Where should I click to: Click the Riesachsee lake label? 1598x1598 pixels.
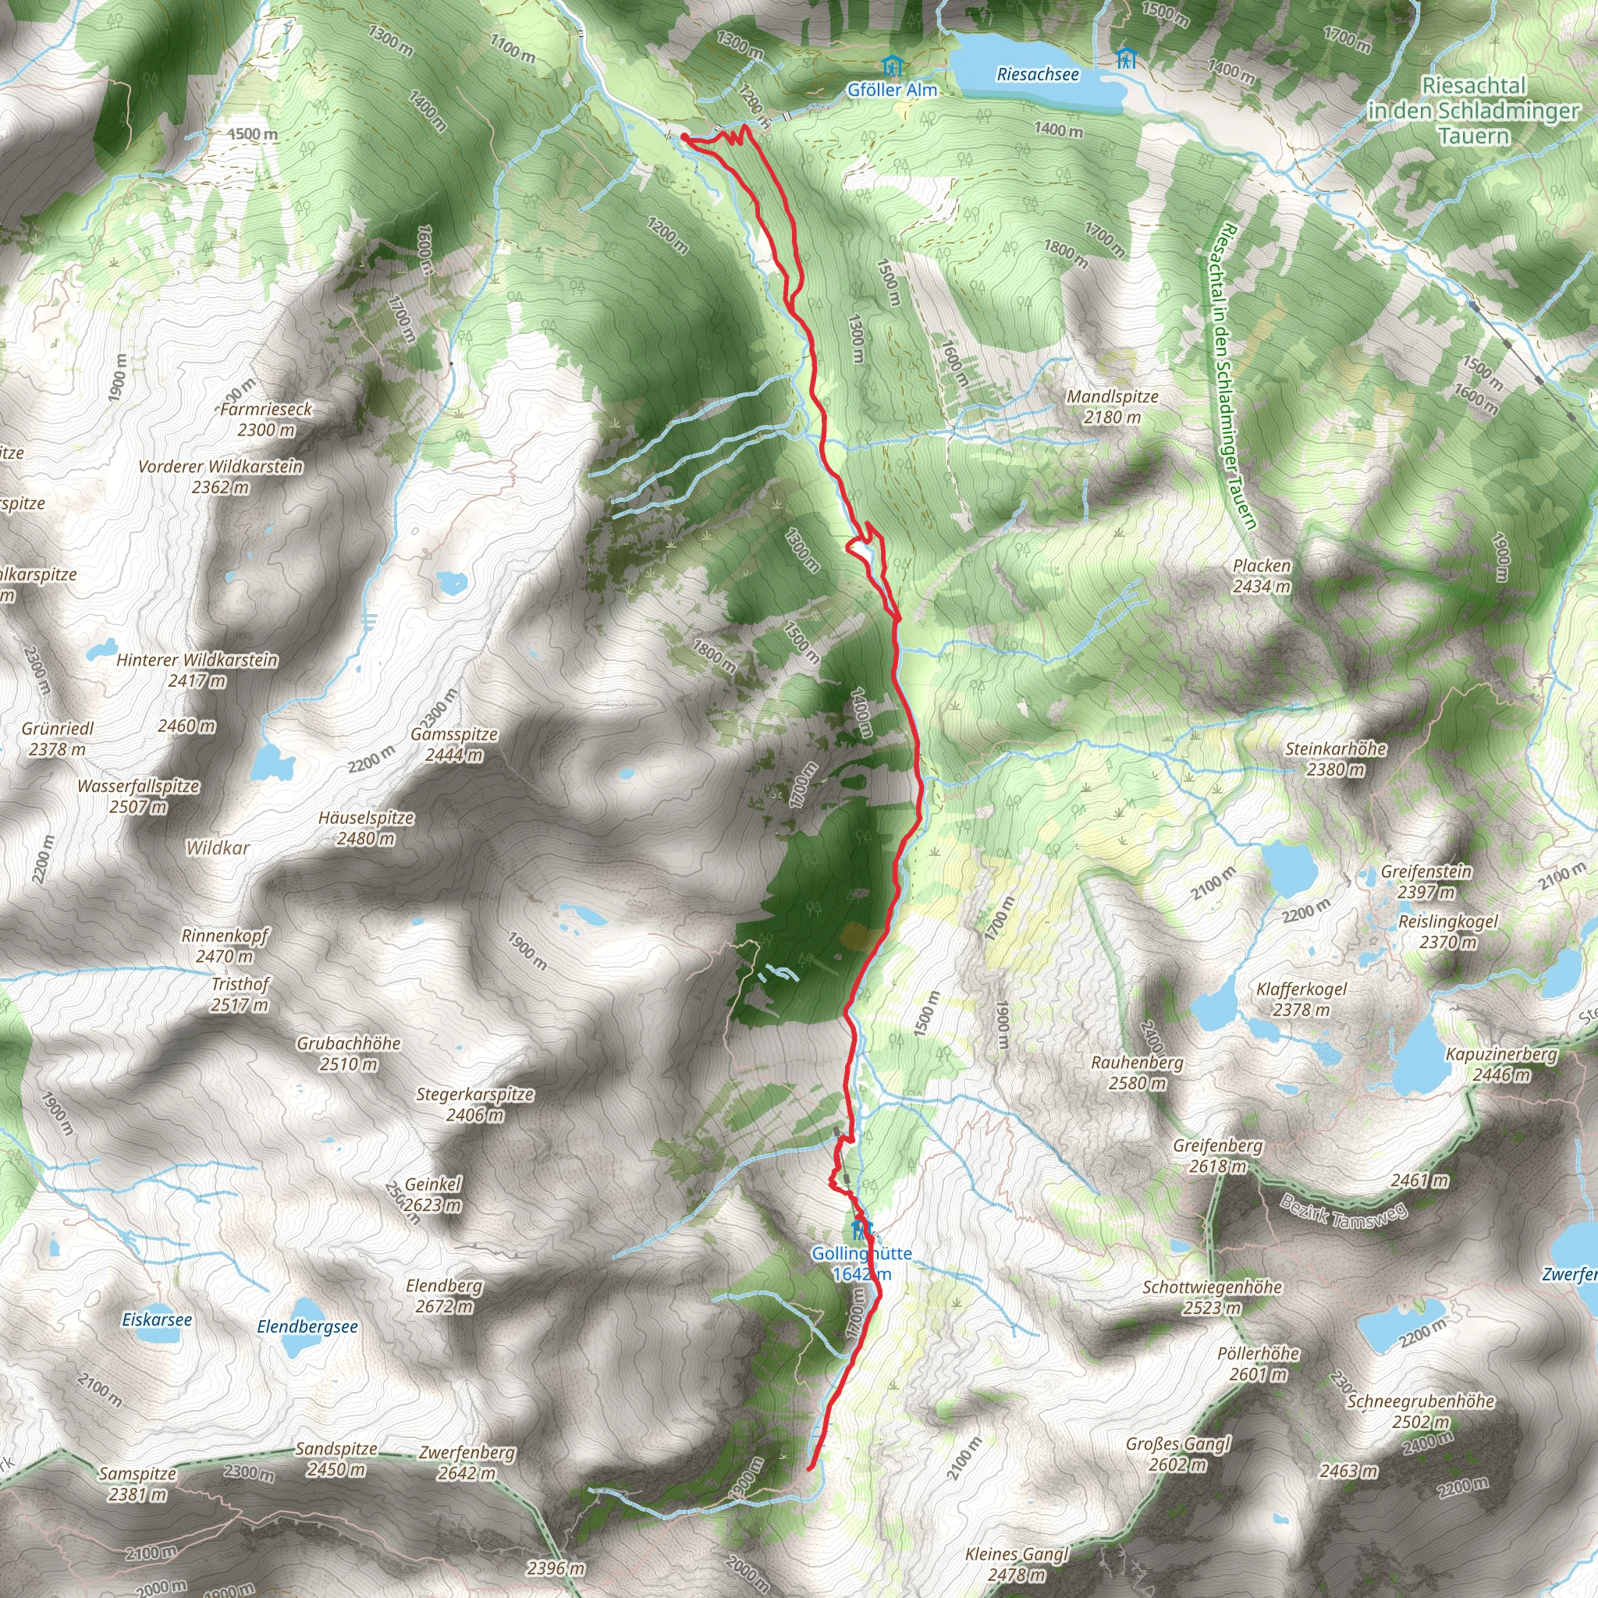(x=1037, y=74)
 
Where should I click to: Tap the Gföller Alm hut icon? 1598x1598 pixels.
(x=891, y=66)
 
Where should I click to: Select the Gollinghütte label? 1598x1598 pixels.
(x=861, y=1263)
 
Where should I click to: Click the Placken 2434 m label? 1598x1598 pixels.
(x=1262, y=576)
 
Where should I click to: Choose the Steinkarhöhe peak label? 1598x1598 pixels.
(x=1335, y=758)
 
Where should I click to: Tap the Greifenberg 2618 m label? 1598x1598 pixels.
(x=1217, y=1156)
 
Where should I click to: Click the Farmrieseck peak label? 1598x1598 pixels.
(x=266, y=418)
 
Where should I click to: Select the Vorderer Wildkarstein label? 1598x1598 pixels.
(x=220, y=477)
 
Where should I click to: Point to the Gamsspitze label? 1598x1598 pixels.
(x=454, y=744)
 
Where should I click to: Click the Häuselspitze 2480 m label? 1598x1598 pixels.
(x=366, y=828)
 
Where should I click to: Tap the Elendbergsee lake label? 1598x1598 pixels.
(x=307, y=1326)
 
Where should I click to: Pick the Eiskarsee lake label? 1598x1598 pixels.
(x=156, y=1319)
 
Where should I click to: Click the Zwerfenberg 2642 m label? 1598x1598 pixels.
(x=467, y=1462)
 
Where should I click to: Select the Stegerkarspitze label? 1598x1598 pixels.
(x=474, y=1104)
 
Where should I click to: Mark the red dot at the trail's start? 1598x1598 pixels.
(x=685, y=137)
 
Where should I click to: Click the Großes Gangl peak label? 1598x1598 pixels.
(x=1177, y=1453)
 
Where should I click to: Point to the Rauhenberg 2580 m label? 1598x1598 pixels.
(x=1138, y=1072)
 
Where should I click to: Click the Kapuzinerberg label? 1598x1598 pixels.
(x=1501, y=1064)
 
